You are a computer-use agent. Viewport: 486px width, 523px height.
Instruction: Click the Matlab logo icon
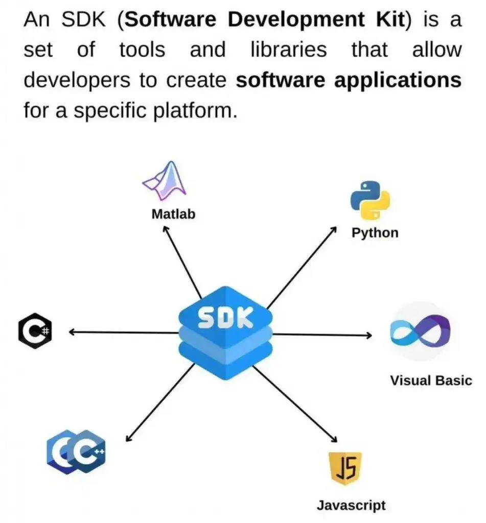[165, 181]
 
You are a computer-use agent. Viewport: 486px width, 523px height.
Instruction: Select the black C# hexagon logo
[36, 332]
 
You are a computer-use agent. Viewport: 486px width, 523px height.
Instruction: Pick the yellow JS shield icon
[345, 468]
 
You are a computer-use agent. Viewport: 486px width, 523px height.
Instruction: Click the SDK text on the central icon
[225, 318]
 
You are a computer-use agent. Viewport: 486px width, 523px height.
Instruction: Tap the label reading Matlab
[173, 214]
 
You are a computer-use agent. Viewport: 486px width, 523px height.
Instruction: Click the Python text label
[375, 233]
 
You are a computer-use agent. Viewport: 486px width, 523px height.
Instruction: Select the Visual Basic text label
[431, 381]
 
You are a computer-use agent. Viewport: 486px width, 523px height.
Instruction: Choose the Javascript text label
[351, 506]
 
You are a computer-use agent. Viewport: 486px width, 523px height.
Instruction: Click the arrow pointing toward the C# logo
[123, 332]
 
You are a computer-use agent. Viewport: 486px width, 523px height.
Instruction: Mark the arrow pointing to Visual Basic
[322, 335]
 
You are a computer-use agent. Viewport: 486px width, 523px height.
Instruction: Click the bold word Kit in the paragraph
[388, 21]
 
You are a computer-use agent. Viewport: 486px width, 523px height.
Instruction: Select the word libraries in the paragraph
[289, 50]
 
